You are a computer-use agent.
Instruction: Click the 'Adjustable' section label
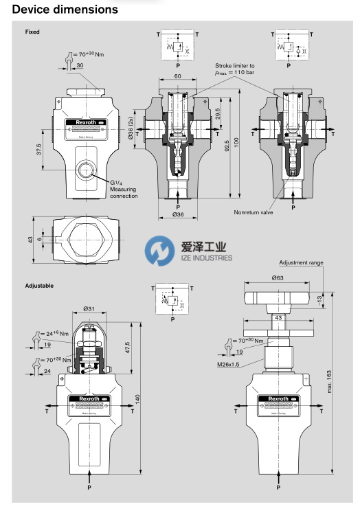pyautogui.click(x=39, y=285)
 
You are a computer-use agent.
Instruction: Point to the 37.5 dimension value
pyautogui.click(x=39, y=150)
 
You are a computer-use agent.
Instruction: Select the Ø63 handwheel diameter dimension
pyautogui.click(x=278, y=277)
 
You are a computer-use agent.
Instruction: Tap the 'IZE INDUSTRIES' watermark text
pyautogui.click(x=201, y=258)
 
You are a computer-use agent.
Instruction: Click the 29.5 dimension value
pyautogui.click(x=217, y=113)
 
